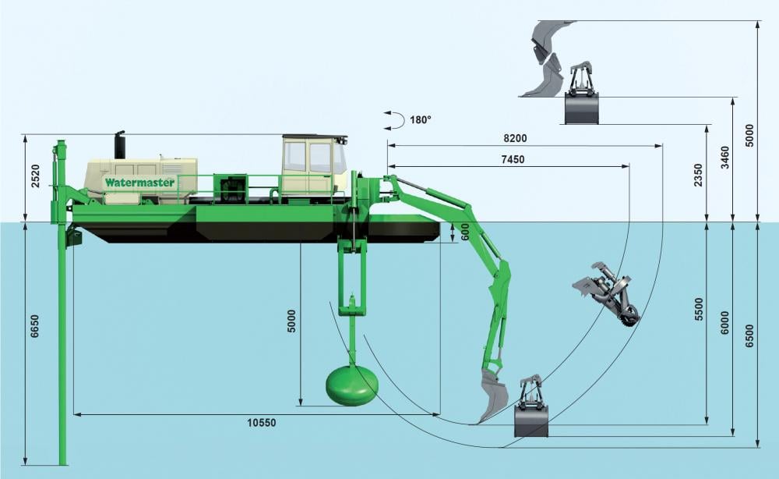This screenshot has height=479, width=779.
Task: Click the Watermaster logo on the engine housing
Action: coord(139,183)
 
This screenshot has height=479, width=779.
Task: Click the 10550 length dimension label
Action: coord(261,423)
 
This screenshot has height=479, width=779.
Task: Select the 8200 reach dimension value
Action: coord(515,138)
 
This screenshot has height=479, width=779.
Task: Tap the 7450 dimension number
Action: coord(513,160)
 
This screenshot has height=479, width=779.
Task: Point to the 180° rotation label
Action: coord(421,120)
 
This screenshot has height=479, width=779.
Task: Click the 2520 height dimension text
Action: coord(36,176)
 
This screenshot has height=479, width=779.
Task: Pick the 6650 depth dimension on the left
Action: coord(34,326)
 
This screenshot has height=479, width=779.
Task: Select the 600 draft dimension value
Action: coord(465,232)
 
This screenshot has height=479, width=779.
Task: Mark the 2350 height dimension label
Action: coord(699,175)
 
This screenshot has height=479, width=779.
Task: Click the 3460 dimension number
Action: coord(724,157)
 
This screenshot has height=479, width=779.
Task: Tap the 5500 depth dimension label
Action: coord(699,309)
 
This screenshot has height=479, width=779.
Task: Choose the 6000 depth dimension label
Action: coord(724,323)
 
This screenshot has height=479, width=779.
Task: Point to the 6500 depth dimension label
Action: coord(749,335)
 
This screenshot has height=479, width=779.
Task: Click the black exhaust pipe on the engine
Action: coord(120,145)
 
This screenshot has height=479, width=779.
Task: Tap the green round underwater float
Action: coord(352,385)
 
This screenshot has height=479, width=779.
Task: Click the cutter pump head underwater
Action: coord(607,294)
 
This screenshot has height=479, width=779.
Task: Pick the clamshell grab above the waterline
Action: coord(582,94)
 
